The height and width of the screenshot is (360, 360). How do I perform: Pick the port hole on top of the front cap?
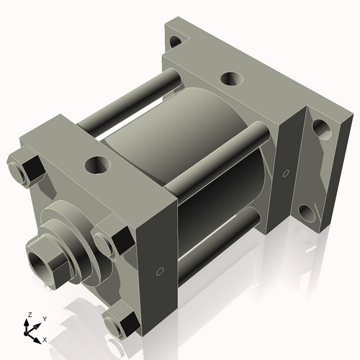click(x=95, y=166)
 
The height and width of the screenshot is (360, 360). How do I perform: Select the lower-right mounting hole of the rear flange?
click(x=307, y=212)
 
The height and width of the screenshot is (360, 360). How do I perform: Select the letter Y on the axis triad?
click(x=44, y=318)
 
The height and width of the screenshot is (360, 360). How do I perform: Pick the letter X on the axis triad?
click(x=45, y=338)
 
